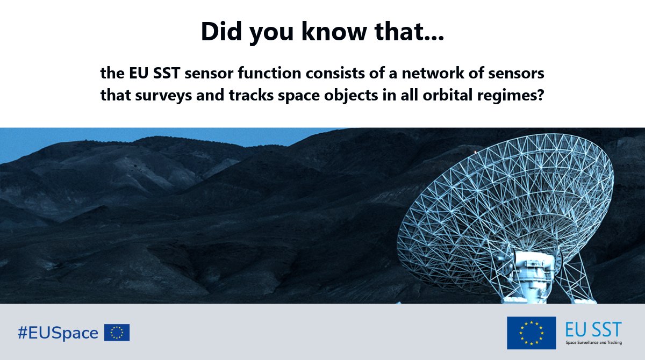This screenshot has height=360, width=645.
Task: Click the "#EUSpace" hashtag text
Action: click(58, 333)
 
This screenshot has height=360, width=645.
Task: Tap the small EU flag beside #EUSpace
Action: click(117, 333)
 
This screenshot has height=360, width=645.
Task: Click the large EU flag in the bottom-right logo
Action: click(531, 333)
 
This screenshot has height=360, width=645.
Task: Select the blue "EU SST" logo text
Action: click(593, 328)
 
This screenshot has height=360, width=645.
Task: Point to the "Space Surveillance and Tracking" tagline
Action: click(593, 342)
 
